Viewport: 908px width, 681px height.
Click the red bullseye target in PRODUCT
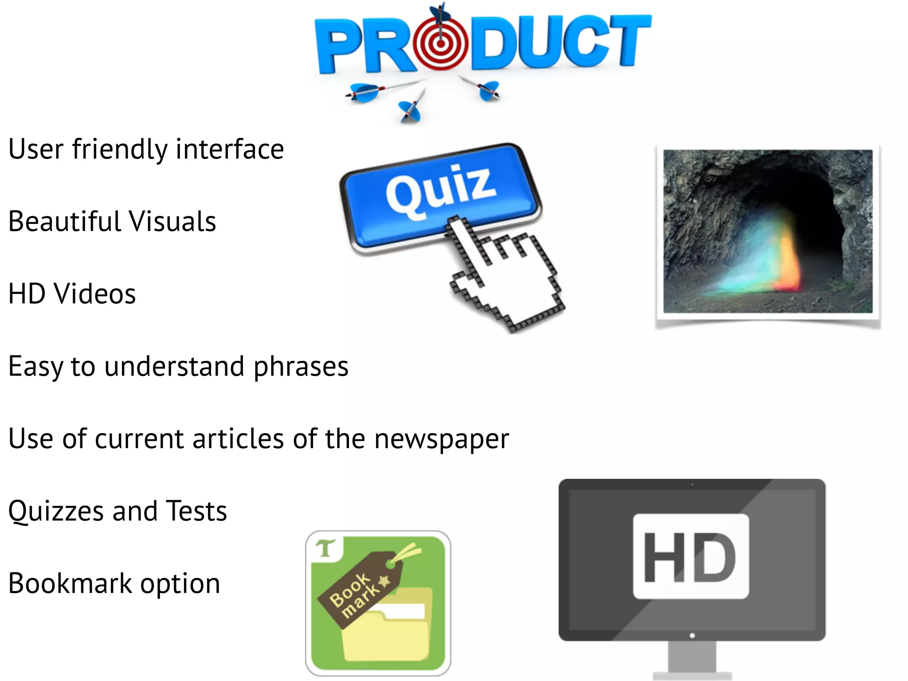[x=440, y=43]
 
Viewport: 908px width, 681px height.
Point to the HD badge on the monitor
[x=691, y=556]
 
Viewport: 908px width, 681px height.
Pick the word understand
[x=174, y=367]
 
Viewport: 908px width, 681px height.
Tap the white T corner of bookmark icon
[x=326, y=549]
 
